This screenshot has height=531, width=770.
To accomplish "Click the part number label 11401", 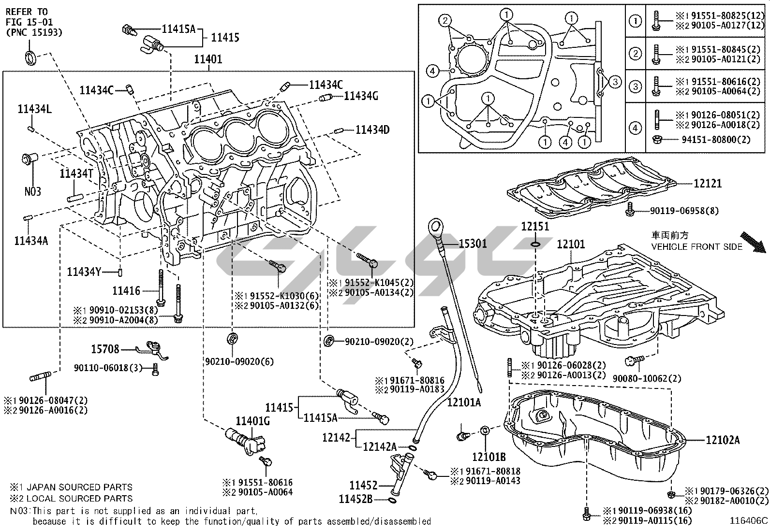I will coord(208,60).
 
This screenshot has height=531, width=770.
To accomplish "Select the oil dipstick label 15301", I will coord(473,244).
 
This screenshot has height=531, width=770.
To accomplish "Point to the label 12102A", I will coord(723,440).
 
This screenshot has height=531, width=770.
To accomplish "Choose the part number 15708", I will coord(105,348).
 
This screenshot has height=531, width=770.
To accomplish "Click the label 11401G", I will coord(252,421).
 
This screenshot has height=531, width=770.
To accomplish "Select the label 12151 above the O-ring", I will coord(535,226).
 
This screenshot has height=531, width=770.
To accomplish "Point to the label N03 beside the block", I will coord(33,191).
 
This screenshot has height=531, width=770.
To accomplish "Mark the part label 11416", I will coord(126,290).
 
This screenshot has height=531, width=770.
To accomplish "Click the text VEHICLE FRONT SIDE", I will coord(696,246).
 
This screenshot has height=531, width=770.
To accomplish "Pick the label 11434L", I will coord(35,109).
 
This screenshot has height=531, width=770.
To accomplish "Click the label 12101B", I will coord(489,456).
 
